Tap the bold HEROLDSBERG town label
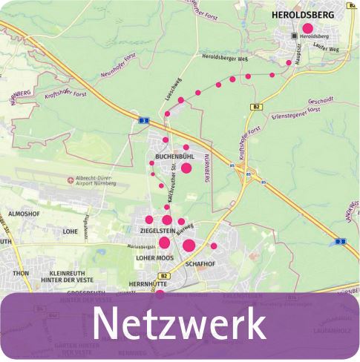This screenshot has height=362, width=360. point(303,14)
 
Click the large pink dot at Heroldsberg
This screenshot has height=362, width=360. point(308,28)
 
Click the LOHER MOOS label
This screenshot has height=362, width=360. point(154,258)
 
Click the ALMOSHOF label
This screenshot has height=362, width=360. point(23,214)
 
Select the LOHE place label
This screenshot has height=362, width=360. point(71,231)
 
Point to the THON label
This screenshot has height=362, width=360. point(20,273)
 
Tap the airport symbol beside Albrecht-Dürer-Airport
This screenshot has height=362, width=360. point(70,178)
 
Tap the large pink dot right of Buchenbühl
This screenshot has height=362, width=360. point(186,168)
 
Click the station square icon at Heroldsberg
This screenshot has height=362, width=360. point(295,36)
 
